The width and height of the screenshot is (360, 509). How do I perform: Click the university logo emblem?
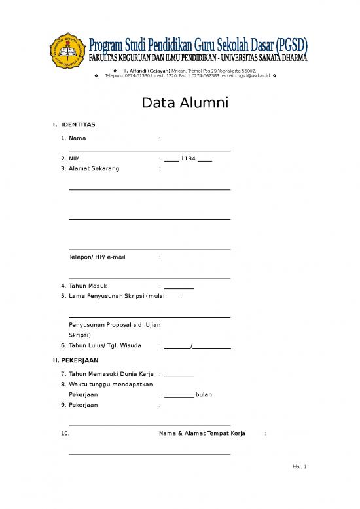(x=67, y=50)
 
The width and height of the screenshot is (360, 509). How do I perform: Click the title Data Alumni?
(x=179, y=104)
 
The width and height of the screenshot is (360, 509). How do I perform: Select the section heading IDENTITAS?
(x=78, y=124)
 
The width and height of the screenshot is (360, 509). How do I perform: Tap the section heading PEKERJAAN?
(x=79, y=360)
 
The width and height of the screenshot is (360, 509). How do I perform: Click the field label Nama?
(x=77, y=138)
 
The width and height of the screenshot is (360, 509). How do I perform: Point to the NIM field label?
(x=75, y=159)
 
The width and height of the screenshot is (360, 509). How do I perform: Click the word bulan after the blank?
(x=204, y=395)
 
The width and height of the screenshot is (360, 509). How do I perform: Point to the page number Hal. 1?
(x=300, y=467)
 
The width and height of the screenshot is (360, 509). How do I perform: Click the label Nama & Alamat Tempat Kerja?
(x=202, y=434)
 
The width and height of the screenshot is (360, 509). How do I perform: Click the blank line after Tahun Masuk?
(x=179, y=287)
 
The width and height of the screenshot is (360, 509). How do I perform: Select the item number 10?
(x=64, y=434)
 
